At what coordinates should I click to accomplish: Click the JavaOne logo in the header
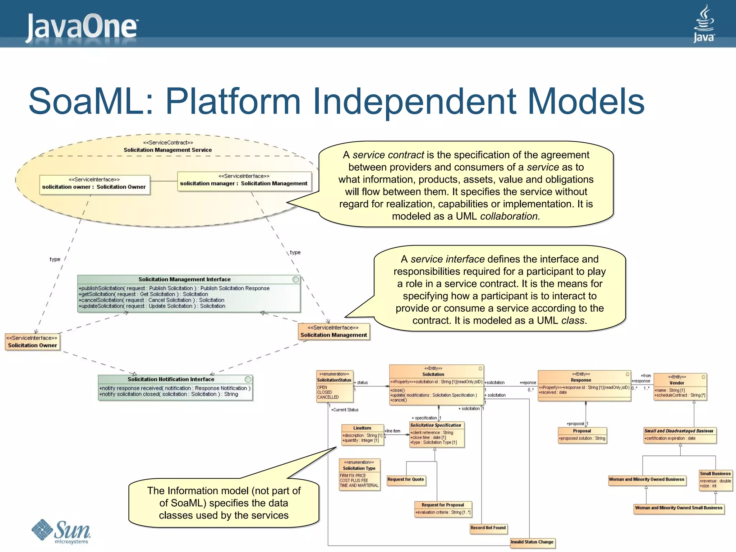coord(82,27)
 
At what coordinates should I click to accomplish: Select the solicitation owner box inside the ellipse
coord(94,184)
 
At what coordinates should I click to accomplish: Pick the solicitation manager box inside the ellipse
coord(244,181)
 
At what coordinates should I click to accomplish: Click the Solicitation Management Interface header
coord(184,279)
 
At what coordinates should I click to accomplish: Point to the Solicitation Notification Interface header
coord(171,379)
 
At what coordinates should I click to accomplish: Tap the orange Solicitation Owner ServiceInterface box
coord(32,342)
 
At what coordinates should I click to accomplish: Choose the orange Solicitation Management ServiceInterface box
coord(333,331)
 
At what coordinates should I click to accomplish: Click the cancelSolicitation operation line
coord(151,300)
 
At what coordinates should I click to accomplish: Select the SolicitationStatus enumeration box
coord(334,386)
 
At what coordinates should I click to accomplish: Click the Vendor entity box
coord(680,387)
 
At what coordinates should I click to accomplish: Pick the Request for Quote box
coord(406,479)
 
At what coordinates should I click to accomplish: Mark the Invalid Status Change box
coord(532,542)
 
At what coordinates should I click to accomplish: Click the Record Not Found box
coord(488,528)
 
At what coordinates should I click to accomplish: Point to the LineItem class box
coord(362,434)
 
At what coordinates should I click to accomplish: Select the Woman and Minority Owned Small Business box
coord(678,508)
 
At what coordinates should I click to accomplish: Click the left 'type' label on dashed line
coord(55,259)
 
